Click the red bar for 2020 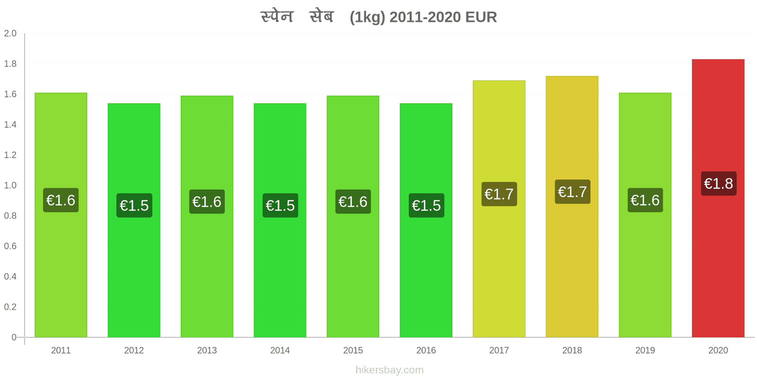718,199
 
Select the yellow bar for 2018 572,207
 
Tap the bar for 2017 499,209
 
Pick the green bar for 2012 134,220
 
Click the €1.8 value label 719,183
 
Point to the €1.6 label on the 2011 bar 61,200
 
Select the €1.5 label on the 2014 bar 280,206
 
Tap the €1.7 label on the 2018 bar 572,192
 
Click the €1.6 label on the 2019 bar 645,200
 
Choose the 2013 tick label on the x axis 207,350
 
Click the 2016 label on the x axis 426,350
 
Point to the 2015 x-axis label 353,350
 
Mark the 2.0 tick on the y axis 10,33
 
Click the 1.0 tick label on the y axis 10,185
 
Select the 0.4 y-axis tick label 10,277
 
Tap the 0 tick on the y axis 14,337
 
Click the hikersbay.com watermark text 389,370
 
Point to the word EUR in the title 481,17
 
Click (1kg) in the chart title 367,17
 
